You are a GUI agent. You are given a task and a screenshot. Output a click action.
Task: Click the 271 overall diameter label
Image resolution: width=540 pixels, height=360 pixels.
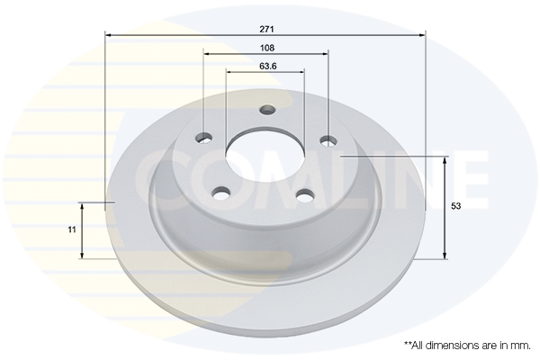[x=266, y=30]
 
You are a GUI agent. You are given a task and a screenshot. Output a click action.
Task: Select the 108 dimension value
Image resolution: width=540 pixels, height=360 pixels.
[x=267, y=48]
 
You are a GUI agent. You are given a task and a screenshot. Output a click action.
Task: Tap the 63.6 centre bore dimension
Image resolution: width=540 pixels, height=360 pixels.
[x=268, y=66]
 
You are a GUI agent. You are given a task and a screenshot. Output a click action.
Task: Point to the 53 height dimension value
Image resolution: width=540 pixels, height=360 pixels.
[x=455, y=206]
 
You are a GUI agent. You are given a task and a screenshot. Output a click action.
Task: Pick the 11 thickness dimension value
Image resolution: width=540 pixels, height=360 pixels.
[x=72, y=229]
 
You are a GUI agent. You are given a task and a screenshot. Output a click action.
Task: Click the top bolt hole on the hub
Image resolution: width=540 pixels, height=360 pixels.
[x=267, y=110]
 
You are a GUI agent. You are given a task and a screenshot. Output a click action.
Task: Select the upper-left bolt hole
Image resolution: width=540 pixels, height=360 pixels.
[x=204, y=139]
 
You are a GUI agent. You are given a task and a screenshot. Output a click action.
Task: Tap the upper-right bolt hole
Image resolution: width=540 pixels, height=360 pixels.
[x=328, y=140]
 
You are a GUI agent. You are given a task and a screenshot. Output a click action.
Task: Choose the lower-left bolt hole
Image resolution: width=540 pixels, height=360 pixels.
[x=221, y=193]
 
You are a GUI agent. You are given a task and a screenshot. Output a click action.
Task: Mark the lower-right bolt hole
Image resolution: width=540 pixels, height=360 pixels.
[x=306, y=195]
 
